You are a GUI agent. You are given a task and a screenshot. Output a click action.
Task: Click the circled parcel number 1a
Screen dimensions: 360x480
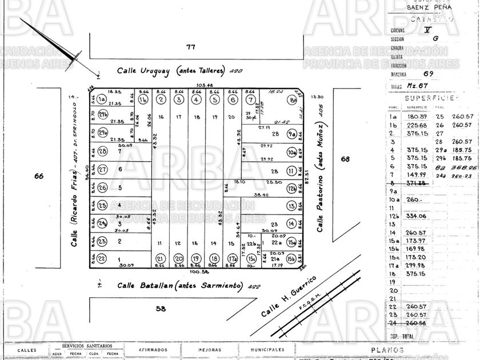point(102,99)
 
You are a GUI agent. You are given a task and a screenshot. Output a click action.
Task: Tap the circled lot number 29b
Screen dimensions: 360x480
point(103,115)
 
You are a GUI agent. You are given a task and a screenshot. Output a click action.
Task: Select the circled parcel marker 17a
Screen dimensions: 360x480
point(232,258)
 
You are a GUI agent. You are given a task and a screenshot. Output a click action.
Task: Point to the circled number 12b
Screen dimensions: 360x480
point(292,188)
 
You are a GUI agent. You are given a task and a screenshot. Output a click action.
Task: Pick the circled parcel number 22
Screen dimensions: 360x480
point(102,258)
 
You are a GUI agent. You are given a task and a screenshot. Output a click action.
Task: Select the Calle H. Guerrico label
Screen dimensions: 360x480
point(289,297)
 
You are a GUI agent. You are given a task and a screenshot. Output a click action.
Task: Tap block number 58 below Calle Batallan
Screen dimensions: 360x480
point(161,309)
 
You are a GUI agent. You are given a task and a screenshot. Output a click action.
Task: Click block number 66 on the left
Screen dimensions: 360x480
point(39,176)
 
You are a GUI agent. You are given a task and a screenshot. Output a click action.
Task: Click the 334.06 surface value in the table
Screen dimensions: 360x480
point(417,216)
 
